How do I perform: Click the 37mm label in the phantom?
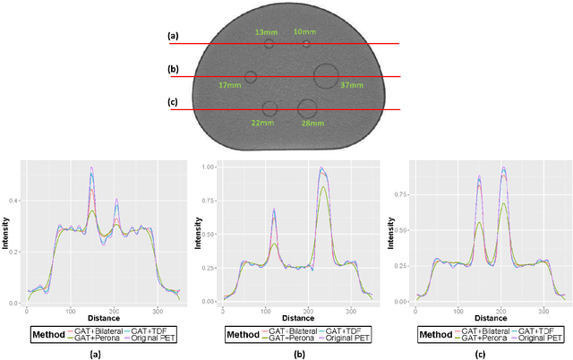click(352, 85)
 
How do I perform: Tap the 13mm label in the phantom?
click(266, 32)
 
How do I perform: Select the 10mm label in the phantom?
click(304, 32)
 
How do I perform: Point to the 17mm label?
click(229, 85)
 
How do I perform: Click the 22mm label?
click(262, 123)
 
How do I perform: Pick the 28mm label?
click(312, 123)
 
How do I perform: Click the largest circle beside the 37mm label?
click(325, 75)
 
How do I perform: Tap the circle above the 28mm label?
click(307, 108)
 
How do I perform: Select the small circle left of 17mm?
click(251, 77)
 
